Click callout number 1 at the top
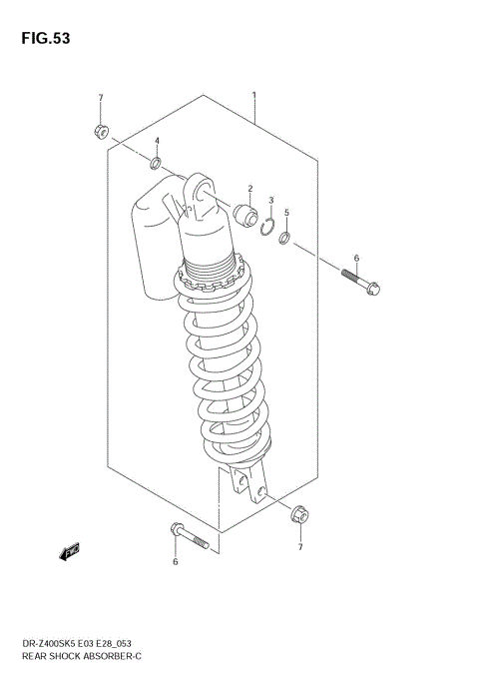coord(254,96)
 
